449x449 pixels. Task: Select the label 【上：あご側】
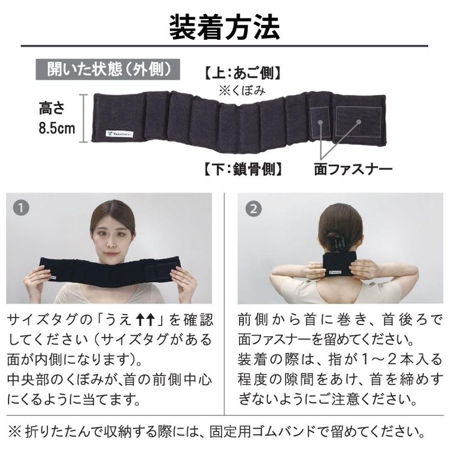pos(241,74)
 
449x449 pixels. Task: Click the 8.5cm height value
pos(57,127)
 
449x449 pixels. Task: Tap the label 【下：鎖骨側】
pos(241,167)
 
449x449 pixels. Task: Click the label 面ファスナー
pos(352,167)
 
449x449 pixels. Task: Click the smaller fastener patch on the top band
pos(319,121)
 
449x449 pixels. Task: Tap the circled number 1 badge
pos(21,208)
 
